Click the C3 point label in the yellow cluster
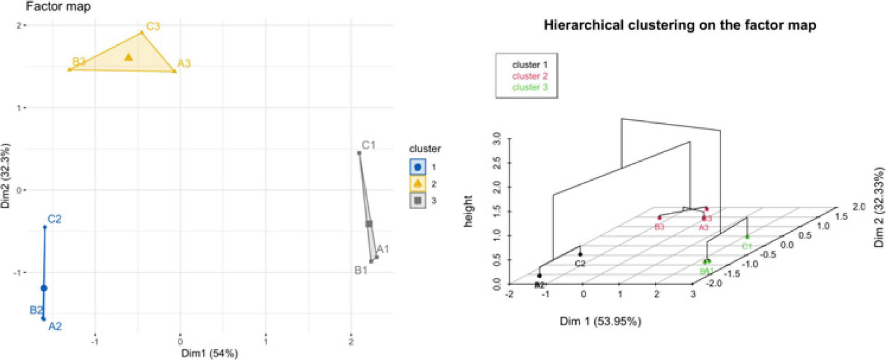point(153,26)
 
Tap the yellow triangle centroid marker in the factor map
point(129,57)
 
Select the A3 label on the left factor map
point(184,63)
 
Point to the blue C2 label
point(54,219)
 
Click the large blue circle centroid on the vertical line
point(44,288)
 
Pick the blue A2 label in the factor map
point(55,326)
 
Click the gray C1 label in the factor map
point(368,145)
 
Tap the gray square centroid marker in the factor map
point(369,224)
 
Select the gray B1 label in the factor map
point(361,270)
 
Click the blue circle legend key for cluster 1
point(418,167)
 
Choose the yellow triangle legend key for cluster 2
point(418,183)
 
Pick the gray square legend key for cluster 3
point(418,200)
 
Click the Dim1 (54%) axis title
point(210,353)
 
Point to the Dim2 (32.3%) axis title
point(5,176)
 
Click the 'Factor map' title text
point(58,6)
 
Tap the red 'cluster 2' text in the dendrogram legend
point(530,76)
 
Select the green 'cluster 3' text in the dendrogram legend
point(530,87)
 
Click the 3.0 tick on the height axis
point(497,138)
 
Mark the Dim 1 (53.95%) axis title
point(600,322)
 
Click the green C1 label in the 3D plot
point(747,247)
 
